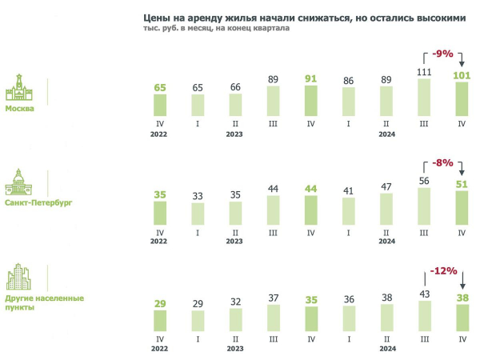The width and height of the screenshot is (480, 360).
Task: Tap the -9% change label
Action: tap(442, 54)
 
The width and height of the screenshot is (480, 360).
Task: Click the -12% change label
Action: tap(442, 271)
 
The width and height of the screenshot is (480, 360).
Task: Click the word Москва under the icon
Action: tap(20, 110)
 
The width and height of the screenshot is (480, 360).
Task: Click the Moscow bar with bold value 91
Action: tap(311, 103)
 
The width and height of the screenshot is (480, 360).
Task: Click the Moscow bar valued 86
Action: tap(349, 104)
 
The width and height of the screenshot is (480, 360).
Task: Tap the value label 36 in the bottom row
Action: tap(349, 299)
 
